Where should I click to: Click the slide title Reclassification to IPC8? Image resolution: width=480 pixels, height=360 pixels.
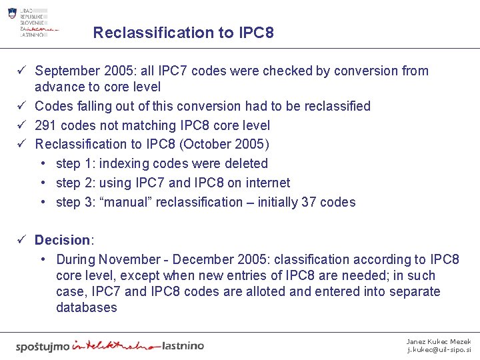183,33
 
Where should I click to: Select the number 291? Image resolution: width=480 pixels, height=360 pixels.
46,125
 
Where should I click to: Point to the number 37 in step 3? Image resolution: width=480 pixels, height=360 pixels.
309,202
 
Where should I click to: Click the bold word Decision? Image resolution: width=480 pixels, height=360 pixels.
62,240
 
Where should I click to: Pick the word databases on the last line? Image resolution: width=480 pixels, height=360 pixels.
87,307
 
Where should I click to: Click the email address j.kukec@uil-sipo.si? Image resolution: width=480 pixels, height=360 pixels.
439,349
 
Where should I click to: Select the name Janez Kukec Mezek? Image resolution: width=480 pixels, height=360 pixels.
439,341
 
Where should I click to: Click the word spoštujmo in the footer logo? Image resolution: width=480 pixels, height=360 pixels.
42,346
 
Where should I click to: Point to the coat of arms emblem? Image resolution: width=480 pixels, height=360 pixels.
12,13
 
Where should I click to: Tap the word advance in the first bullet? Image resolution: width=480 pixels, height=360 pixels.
59,87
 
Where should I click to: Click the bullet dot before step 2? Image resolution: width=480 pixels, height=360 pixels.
43,183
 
